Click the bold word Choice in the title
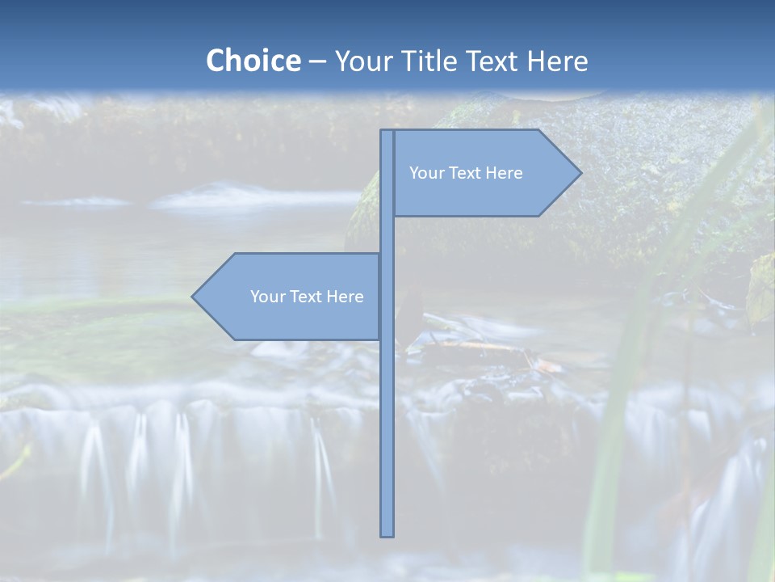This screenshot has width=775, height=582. (253, 61)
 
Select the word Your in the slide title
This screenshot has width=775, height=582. (361, 61)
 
